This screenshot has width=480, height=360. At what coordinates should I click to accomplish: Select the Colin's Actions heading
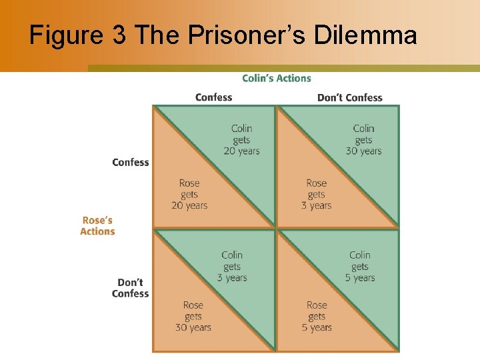277,79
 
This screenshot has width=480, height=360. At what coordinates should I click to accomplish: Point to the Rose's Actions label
97,226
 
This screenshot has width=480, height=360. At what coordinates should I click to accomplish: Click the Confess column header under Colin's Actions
213,97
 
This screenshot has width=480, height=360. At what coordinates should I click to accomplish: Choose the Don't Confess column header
349,97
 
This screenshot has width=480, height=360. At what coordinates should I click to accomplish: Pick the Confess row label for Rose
131,163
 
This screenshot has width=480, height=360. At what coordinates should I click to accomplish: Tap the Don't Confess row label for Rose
131,288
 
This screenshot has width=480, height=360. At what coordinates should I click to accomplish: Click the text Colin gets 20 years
241,140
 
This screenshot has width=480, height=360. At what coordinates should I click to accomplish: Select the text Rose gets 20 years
189,195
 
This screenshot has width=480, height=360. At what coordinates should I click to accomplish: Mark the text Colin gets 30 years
363,140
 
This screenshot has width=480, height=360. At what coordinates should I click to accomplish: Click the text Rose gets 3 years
317,195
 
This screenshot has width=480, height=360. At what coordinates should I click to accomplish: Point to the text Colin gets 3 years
232,266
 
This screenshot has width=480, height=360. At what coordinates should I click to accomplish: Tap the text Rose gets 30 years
193,317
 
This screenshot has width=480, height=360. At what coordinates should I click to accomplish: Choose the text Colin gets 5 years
360,266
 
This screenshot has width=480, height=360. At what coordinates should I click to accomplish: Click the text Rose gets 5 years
317,317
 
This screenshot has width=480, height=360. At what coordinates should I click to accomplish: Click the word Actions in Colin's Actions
294,79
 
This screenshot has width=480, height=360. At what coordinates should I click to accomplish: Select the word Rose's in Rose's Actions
97,221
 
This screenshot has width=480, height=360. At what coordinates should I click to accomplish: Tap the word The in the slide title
157,35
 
